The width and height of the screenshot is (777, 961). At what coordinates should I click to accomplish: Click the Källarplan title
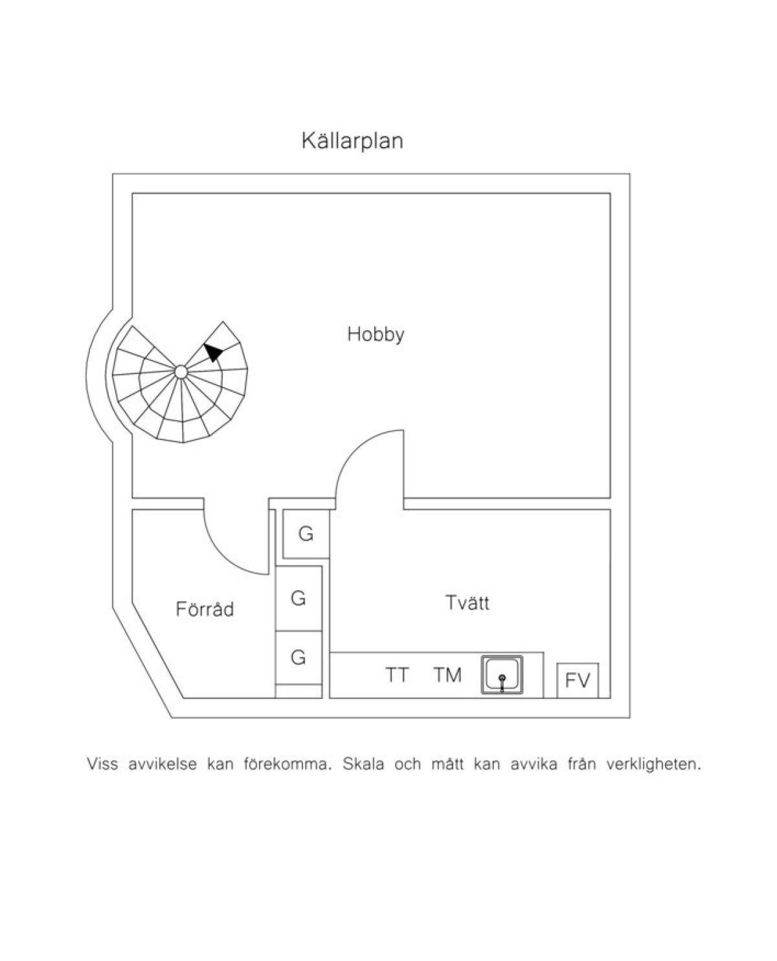(x=352, y=141)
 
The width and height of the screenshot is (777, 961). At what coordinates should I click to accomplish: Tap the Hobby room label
(x=376, y=335)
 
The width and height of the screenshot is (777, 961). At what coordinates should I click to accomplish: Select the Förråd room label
(x=205, y=608)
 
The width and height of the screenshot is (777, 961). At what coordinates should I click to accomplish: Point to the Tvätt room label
(x=467, y=602)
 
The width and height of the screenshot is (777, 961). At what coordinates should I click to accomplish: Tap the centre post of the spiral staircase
(x=181, y=371)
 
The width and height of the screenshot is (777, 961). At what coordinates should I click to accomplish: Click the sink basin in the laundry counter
(x=502, y=674)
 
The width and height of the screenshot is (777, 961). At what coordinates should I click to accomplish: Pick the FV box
(x=578, y=680)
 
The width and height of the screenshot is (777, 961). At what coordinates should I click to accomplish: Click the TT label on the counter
(x=397, y=675)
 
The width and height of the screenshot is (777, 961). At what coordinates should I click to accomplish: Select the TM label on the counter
(x=448, y=675)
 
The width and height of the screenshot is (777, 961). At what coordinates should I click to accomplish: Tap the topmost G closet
(x=306, y=534)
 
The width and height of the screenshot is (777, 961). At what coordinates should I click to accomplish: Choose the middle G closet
(x=298, y=598)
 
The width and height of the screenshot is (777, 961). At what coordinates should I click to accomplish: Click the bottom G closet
(x=298, y=657)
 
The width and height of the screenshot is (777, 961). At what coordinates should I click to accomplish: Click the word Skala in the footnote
(x=363, y=764)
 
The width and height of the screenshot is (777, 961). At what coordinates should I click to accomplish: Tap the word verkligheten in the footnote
(x=654, y=764)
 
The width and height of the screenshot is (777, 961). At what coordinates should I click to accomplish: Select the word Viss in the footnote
(x=102, y=764)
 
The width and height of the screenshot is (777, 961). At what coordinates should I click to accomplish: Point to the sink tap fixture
(x=502, y=683)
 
